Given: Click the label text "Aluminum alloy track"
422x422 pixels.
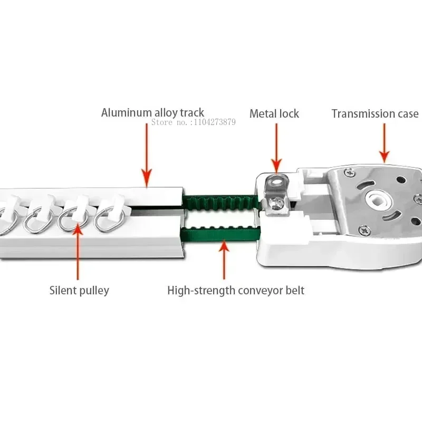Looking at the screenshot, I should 152,112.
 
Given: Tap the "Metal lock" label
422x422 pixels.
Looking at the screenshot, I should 274,113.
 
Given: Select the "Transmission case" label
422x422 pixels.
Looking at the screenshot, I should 375,113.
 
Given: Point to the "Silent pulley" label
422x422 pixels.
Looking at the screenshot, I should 79,290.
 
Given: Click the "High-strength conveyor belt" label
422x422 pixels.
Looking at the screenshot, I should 235,290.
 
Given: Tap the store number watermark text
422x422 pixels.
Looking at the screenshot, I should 194,122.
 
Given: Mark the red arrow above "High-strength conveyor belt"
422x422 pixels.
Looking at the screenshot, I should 224,258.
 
